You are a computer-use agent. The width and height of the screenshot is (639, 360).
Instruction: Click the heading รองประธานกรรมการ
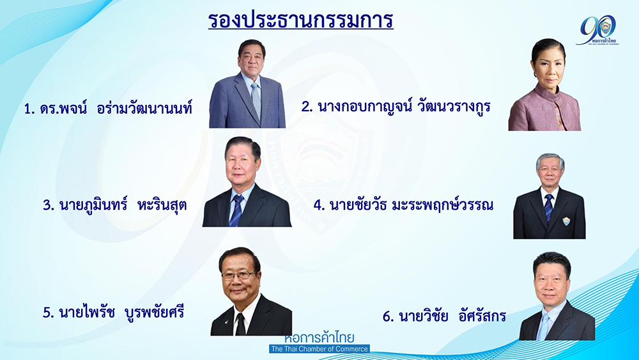301,20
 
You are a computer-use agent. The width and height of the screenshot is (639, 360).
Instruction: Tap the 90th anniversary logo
598,30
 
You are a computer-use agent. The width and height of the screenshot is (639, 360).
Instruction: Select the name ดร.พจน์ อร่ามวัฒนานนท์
107,109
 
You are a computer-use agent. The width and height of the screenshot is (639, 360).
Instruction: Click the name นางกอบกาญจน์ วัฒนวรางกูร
396,106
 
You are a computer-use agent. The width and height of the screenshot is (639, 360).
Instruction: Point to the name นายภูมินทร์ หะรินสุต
114,204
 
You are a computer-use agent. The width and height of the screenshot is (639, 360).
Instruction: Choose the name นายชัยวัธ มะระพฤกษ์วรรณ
403,204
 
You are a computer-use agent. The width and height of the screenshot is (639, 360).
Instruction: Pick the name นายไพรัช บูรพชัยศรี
113,312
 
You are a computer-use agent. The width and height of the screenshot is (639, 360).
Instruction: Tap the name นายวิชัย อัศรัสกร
444,316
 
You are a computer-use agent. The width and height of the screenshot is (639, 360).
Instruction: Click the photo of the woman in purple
544,84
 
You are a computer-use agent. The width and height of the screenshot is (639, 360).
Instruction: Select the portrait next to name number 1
247,84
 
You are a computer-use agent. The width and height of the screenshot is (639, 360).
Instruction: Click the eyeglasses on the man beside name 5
239,275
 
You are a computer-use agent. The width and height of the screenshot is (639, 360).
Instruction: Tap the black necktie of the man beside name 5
240,324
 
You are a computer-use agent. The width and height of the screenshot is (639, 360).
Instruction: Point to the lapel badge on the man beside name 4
566,221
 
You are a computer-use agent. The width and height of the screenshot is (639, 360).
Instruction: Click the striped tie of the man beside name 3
236,210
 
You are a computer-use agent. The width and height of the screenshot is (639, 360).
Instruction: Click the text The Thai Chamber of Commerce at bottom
319,349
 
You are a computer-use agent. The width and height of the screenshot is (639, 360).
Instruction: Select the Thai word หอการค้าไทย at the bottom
319,338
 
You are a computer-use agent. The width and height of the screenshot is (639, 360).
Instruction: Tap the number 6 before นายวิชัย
387,317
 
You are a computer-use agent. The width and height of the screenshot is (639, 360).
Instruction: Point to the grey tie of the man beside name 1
256,99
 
